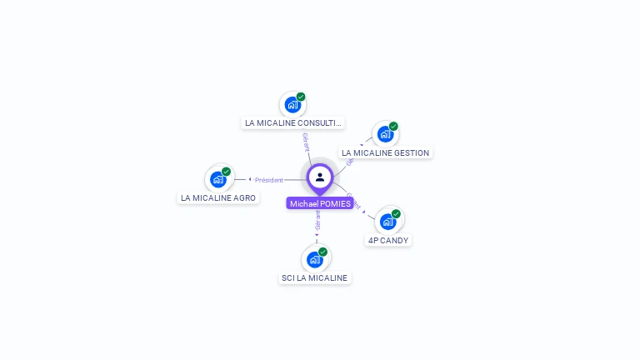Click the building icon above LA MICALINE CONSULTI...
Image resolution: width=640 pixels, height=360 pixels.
pyautogui.click(x=292, y=105)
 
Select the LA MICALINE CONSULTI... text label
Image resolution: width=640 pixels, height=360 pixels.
pyautogui.click(x=292, y=123)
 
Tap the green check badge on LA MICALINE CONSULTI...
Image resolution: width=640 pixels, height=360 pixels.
pyautogui.click(x=301, y=97)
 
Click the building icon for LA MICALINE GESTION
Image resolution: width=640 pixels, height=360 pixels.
pyautogui.click(x=384, y=134)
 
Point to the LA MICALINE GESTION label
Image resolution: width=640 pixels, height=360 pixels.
pyautogui.click(x=385, y=153)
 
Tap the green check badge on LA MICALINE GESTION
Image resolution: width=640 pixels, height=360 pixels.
pyautogui.click(x=393, y=127)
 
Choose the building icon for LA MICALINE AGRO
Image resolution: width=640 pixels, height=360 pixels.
pyautogui.click(x=217, y=179)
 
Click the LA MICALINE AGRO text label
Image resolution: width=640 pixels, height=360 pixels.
pyautogui.click(x=218, y=198)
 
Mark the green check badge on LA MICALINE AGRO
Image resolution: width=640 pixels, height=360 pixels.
pyautogui.click(x=226, y=172)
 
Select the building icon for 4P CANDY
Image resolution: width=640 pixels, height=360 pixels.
pyautogui.click(x=387, y=222)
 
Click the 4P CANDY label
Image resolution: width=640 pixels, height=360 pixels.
pyautogui.click(x=388, y=241)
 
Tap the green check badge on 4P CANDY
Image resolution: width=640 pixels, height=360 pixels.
pyautogui.click(x=396, y=214)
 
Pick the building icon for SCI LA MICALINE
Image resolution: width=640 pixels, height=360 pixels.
pyautogui.click(x=314, y=259)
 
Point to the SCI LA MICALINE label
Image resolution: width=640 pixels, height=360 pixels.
pyautogui.click(x=315, y=278)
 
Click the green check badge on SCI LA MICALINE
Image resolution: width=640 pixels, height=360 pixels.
pyautogui.click(x=322, y=252)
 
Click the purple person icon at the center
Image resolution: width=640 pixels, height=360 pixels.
pyautogui.click(x=320, y=177)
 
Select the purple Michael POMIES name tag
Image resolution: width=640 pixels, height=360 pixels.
pyautogui.click(x=320, y=203)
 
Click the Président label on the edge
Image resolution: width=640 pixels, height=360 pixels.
pyautogui.click(x=269, y=180)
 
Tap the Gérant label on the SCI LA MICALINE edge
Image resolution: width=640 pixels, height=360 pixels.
pyautogui.click(x=317, y=221)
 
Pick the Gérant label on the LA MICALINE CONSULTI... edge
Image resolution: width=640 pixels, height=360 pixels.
pyautogui.click(x=306, y=142)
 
